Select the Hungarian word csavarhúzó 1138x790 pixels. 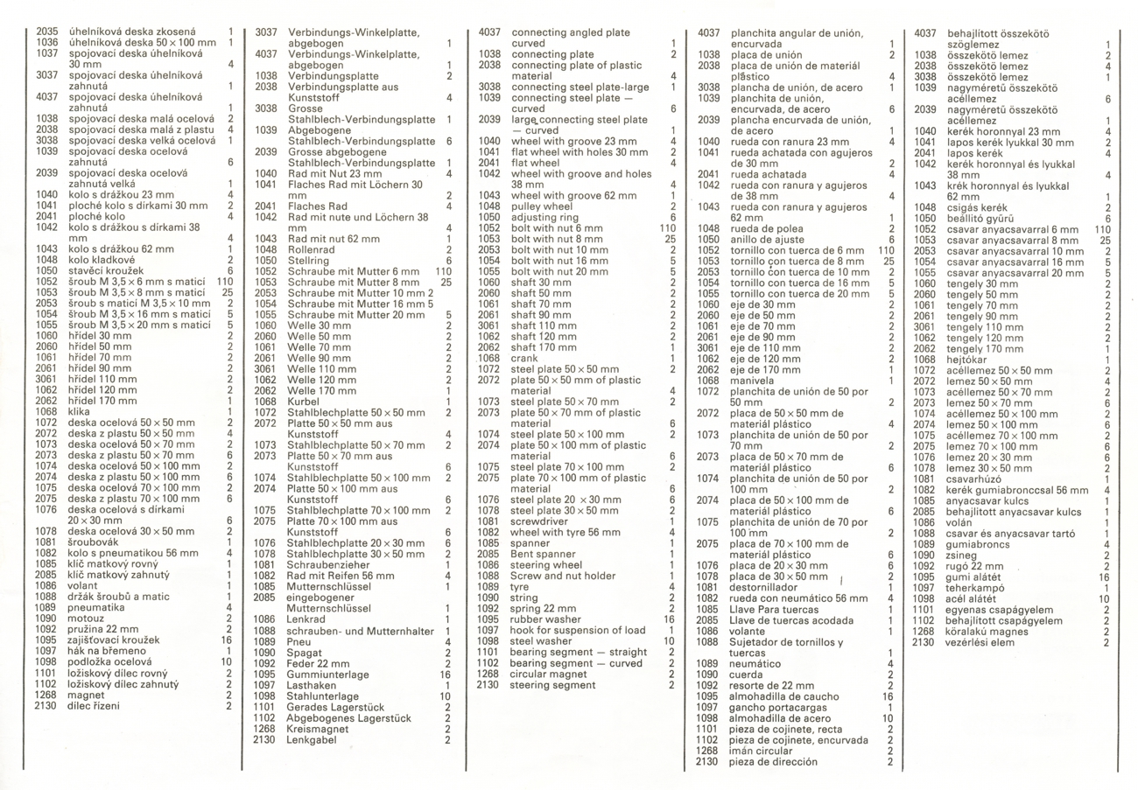[980, 479]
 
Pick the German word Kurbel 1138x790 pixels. [304, 401]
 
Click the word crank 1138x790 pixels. [524, 357]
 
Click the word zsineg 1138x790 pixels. [965, 555]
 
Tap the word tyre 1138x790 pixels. [520, 586]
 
